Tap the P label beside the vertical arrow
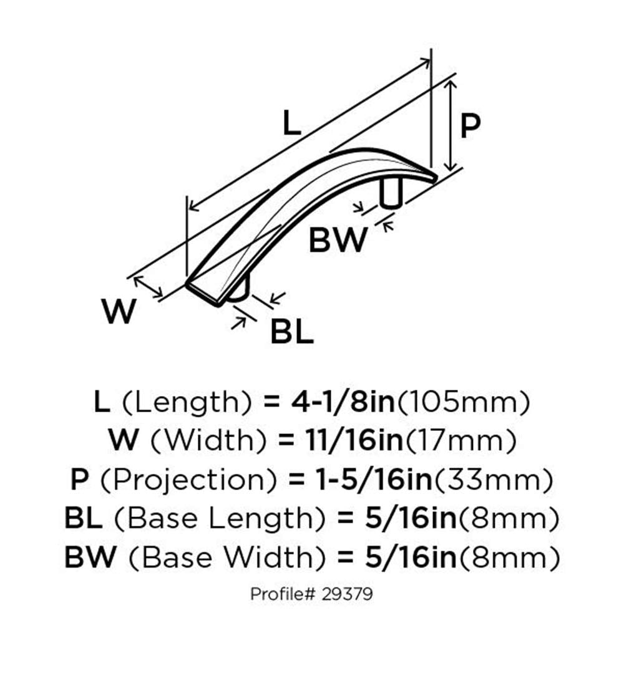point(470,126)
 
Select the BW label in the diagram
point(338,240)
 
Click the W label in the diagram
point(119,311)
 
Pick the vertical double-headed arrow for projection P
point(451,126)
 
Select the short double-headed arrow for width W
point(148,287)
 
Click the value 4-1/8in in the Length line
point(343,402)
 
